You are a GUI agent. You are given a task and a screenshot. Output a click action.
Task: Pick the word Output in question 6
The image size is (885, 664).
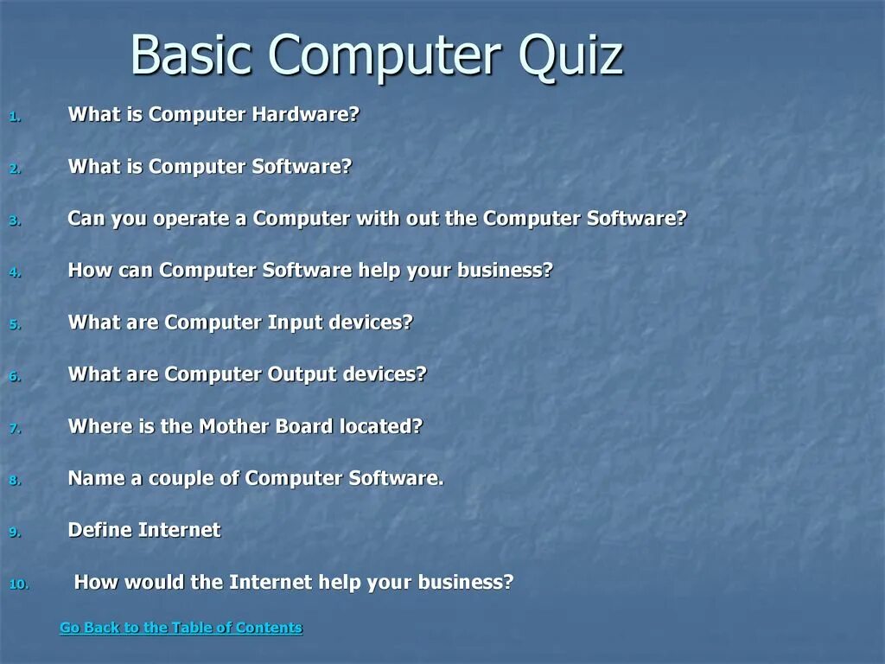pyautogui.click(x=302, y=374)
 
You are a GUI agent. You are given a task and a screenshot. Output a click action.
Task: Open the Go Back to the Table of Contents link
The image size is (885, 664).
pyautogui.click(x=181, y=628)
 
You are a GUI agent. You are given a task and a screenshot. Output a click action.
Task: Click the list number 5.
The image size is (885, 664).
pyautogui.click(x=14, y=325)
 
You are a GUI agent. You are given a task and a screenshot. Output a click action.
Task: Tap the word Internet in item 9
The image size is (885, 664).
pyautogui.click(x=180, y=530)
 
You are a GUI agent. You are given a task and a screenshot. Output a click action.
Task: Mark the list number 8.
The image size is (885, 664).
pyautogui.click(x=14, y=481)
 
